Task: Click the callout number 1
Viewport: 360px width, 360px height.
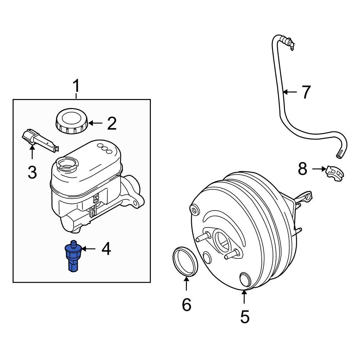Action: click(76, 87)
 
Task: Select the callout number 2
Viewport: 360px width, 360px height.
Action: click(112, 123)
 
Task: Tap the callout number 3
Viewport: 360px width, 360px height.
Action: click(32, 173)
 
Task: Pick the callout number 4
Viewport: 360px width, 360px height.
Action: click(106, 249)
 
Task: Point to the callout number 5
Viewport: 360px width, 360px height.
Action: click(244, 317)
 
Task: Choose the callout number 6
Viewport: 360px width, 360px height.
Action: click(186, 305)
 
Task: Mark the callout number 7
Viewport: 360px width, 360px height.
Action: click(306, 92)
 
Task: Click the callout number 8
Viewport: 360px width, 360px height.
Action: click(302, 168)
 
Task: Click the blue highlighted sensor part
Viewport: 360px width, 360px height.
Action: click(73, 257)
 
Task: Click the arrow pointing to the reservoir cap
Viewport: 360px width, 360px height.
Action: click(95, 123)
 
